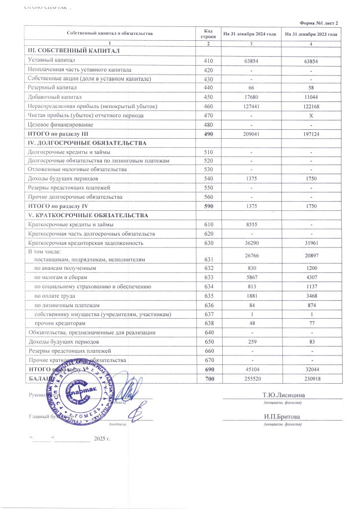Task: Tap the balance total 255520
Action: [252, 378]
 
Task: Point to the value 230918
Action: [311, 378]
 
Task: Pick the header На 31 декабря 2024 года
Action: [249, 34]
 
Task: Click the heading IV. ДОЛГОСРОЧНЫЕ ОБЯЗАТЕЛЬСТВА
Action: [87, 143]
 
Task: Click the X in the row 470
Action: [311, 116]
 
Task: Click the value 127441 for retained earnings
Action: [252, 106]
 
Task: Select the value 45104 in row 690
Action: [252, 369]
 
